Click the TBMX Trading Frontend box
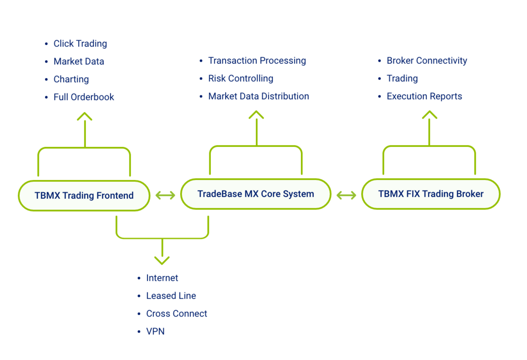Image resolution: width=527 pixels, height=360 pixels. (84, 195)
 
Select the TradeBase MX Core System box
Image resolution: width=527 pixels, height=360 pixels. (255, 194)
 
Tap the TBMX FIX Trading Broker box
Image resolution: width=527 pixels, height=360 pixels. (431, 194)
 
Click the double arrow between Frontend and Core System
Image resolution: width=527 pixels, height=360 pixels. (165, 195)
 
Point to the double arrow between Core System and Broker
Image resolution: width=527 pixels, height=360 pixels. (346, 195)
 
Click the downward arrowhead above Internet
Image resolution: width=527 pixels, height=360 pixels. (162, 259)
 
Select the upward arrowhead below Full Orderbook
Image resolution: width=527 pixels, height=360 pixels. (84, 116)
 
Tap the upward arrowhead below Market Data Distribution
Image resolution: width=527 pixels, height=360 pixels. (256, 115)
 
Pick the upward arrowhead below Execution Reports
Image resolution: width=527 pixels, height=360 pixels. (429, 115)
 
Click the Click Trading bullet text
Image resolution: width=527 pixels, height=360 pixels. (80, 44)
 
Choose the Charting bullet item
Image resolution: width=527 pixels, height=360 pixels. (71, 79)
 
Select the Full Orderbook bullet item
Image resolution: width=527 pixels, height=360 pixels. (84, 97)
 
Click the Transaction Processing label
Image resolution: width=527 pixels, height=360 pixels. (257, 61)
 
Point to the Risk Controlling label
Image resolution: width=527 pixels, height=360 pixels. (241, 79)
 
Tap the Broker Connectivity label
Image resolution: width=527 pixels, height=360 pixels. (426, 61)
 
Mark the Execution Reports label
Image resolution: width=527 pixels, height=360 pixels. (424, 96)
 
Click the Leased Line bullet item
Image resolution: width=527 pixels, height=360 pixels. (171, 296)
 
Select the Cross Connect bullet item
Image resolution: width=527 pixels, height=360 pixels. (176, 314)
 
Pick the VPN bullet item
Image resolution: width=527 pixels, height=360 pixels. (155, 331)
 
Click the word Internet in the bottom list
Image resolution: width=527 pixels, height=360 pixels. (162, 278)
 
